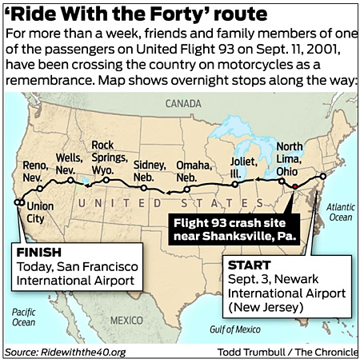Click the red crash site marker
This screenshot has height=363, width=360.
(294, 185)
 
